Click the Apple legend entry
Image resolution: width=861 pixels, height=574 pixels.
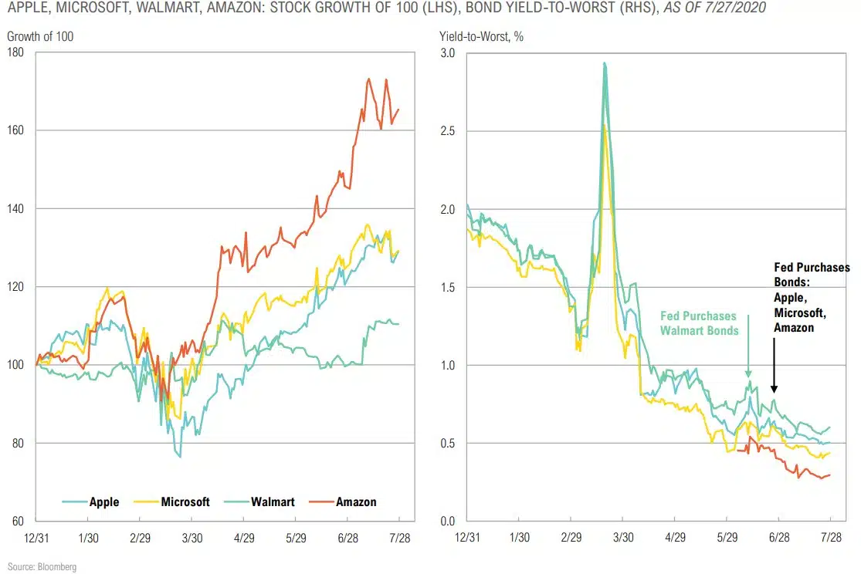click(x=103, y=501)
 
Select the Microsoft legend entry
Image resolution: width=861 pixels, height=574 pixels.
click(x=185, y=501)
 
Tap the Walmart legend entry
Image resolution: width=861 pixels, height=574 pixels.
click(x=273, y=501)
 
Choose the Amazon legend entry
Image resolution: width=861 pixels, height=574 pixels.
click(x=355, y=501)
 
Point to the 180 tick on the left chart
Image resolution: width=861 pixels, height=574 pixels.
click(x=16, y=52)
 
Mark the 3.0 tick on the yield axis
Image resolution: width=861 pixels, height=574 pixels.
click(x=448, y=52)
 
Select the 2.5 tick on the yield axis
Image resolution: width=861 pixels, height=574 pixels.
click(x=448, y=131)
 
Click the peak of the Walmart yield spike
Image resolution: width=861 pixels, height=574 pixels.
click(x=604, y=64)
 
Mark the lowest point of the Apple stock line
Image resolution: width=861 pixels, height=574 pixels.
click(x=180, y=457)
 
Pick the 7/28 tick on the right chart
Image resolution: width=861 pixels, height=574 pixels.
click(x=831, y=537)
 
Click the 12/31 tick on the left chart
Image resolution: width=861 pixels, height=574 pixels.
click(x=36, y=537)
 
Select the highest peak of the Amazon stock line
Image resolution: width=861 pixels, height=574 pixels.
click(x=369, y=79)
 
